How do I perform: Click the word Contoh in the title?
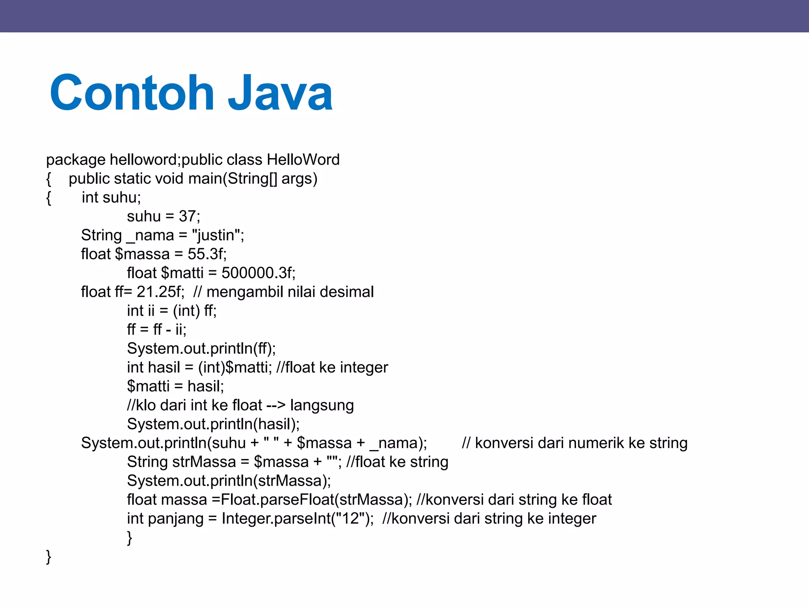coord(132,93)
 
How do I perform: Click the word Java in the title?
coord(280,93)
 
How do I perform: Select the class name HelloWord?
coord(303,160)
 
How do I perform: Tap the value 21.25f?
coord(160,292)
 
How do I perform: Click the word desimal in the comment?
coord(346,292)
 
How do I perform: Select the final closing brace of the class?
coord(49,556)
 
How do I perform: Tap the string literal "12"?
coord(350,518)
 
